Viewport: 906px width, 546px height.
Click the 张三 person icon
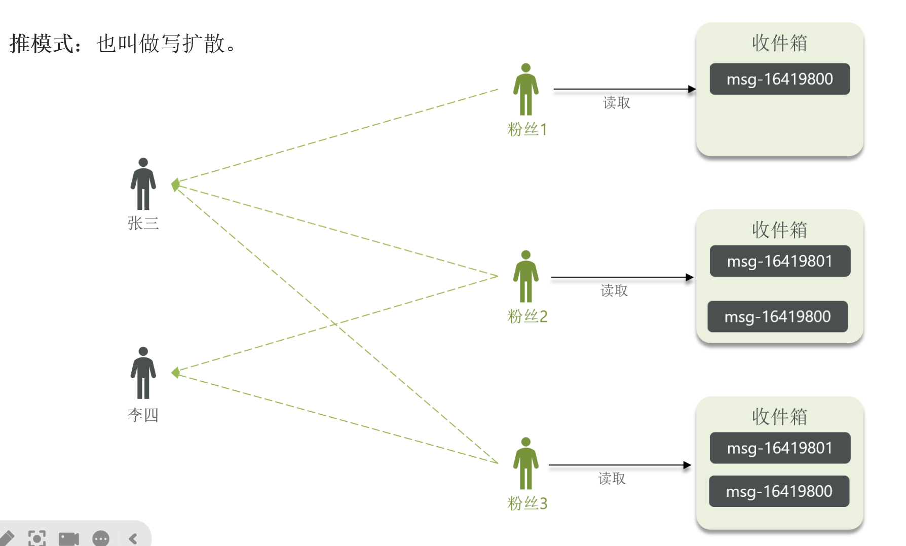tap(143, 184)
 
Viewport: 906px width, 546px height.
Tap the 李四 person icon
tap(143, 373)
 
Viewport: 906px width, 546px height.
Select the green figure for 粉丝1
tap(525, 90)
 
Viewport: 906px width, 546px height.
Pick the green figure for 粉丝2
tap(525, 276)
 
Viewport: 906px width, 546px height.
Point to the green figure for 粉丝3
tap(525, 463)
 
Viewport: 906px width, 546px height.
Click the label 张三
tap(143, 223)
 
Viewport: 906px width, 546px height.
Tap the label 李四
tap(143, 415)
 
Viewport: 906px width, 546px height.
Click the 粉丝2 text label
tap(527, 316)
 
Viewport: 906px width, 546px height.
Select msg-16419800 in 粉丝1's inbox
tap(779, 79)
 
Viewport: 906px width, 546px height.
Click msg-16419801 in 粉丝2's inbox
tap(779, 261)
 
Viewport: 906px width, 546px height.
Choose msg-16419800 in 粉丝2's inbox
tap(777, 317)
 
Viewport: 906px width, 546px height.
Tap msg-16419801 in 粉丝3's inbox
tap(779, 448)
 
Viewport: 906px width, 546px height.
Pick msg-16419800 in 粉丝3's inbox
tap(779, 491)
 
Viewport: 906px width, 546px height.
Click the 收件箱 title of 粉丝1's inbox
tap(779, 43)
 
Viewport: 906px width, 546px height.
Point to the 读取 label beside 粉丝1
tap(617, 103)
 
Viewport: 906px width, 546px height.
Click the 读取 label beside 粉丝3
tap(612, 479)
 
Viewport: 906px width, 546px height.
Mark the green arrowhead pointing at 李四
tap(176, 373)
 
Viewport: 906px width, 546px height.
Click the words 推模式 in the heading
tap(42, 44)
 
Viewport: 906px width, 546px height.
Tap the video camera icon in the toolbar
tap(69, 538)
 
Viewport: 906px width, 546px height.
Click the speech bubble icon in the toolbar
tap(101, 538)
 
